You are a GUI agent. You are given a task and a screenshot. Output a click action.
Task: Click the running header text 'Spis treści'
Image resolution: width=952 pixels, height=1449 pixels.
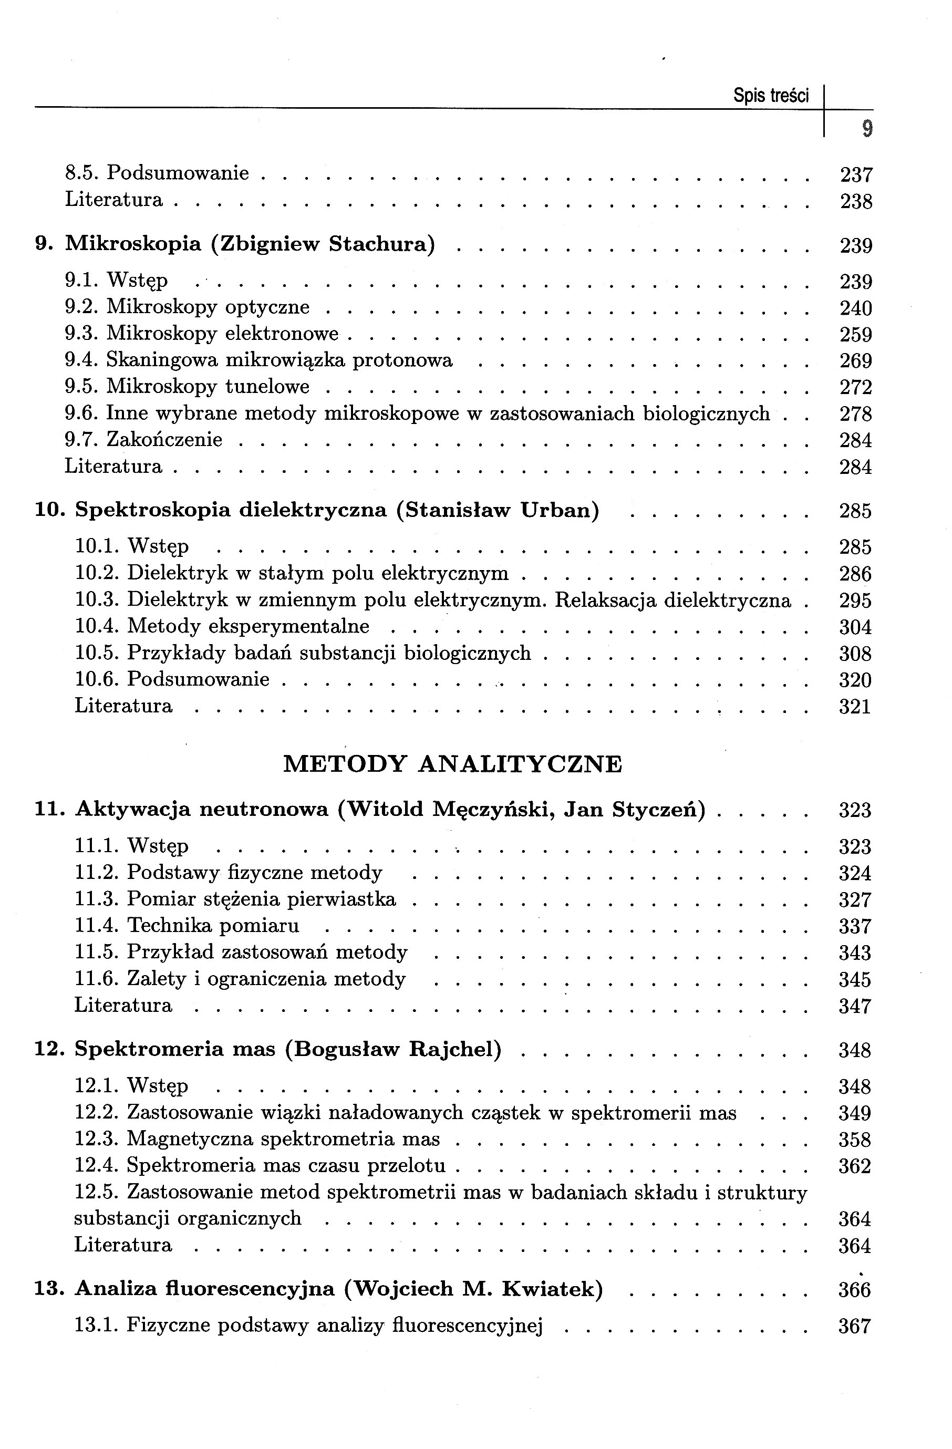point(771,96)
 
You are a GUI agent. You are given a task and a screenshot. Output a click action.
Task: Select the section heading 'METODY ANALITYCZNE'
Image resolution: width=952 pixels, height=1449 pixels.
point(453,764)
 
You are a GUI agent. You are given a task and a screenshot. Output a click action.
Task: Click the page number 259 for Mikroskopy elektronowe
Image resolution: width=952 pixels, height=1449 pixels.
point(856,335)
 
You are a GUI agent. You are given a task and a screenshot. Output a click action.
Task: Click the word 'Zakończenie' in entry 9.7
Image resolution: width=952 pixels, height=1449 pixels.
point(164,440)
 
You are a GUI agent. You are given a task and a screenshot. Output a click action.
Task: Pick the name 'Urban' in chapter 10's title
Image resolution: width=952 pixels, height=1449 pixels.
point(560,510)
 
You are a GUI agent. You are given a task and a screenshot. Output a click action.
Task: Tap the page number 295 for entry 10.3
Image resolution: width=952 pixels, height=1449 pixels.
point(855,601)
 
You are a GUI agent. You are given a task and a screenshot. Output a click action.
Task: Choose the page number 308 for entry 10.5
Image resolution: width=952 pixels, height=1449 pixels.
point(855,654)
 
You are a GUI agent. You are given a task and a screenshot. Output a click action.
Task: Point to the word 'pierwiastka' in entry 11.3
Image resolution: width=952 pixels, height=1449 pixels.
point(342,899)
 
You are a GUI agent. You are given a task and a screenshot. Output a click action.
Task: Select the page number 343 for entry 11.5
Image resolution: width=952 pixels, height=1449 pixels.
point(855,953)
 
